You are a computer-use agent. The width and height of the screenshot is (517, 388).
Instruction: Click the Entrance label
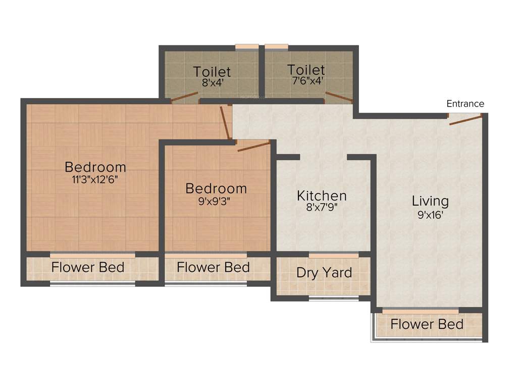(x=465, y=104)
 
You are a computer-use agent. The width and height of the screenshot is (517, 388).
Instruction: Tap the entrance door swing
(x=466, y=119)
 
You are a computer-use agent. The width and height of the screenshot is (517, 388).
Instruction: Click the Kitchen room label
(x=322, y=196)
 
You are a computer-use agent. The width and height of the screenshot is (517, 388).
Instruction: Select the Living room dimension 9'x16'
(x=430, y=214)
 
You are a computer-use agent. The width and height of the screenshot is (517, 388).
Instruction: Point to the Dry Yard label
(x=324, y=273)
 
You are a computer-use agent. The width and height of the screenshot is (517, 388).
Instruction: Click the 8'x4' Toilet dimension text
(x=212, y=83)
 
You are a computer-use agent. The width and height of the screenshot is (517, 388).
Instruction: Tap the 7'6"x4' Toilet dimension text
(x=305, y=80)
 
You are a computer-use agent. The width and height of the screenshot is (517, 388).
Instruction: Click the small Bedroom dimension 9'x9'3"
(x=216, y=201)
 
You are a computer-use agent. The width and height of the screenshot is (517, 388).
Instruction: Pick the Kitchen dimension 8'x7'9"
(x=322, y=207)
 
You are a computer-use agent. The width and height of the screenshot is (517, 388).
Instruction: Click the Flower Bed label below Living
(x=427, y=324)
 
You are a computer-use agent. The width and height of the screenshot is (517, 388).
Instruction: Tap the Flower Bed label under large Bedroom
(x=88, y=267)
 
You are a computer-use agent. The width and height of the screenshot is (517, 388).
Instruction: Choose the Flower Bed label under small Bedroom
(x=213, y=267)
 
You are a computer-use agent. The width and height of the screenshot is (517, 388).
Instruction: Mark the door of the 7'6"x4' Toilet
(x=338, y=97)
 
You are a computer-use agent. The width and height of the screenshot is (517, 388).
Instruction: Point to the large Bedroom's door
(x=225, y=122)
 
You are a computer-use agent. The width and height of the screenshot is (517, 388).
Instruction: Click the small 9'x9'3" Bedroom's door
(x=253, y=147)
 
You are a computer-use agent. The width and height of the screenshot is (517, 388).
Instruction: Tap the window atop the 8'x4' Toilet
(x=247, y=47)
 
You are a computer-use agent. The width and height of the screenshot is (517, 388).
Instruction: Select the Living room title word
(x=430, y=201)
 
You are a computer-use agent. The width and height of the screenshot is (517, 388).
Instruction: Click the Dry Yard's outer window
(x=334, y=299)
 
